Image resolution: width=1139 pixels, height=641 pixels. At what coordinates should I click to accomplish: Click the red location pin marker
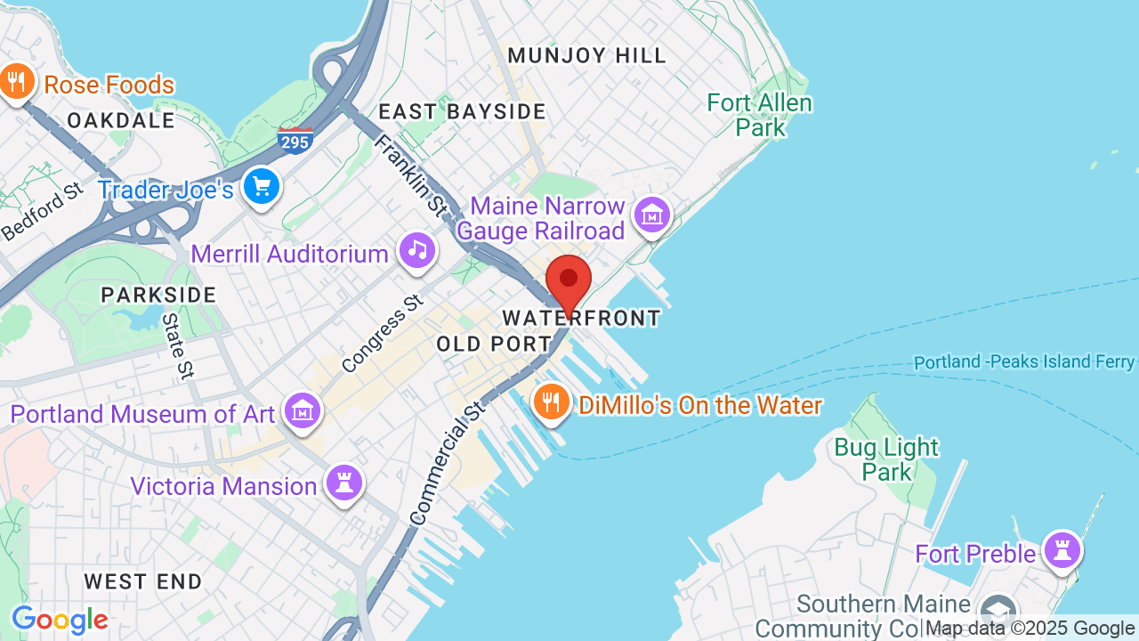pos(569,281)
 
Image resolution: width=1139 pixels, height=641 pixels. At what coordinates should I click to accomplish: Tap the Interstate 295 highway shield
pos(295,140)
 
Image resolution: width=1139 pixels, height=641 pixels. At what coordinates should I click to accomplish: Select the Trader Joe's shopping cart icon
pos(262,187)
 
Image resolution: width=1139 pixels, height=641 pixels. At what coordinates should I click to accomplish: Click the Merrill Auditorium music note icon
pos(417,249)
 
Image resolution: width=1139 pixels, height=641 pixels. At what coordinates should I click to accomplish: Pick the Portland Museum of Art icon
pos(303,410)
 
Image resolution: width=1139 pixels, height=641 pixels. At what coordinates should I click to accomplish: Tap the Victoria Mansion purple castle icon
pos(344,483)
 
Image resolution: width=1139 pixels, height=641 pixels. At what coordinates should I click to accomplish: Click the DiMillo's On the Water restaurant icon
pos(552,402)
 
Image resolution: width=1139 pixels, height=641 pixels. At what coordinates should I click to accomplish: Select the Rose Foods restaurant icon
pos(16,82)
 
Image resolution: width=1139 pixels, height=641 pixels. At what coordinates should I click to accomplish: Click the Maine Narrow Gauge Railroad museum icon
pos(652,215)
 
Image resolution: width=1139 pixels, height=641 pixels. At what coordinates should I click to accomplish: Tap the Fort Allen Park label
pos(760,115)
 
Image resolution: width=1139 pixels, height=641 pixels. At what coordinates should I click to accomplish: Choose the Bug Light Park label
pos(886,458)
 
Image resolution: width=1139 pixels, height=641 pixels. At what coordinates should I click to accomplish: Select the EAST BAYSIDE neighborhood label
pos(462,111)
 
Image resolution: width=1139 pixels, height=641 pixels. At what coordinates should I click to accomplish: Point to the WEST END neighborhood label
pos(143,581)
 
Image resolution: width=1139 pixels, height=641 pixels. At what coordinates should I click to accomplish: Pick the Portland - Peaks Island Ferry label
pos(1024,362)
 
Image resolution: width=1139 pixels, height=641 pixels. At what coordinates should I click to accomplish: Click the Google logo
pos(60,620)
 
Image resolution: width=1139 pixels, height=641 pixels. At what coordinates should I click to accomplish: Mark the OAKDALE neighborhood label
pos(121,120)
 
